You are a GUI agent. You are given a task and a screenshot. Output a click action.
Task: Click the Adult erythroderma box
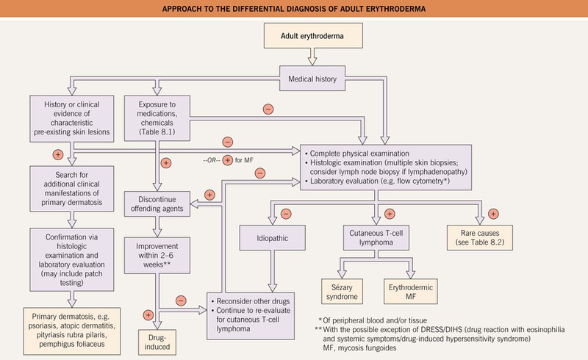pos(294,35)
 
